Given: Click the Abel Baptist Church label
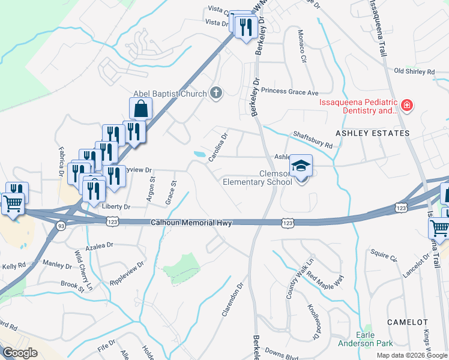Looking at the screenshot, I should tap(170, 93).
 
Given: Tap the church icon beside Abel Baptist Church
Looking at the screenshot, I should tap(216, 93).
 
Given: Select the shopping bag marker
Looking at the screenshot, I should tap(140, 109).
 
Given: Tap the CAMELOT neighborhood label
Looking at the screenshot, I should tap(407, 322).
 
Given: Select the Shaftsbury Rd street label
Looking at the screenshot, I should tap(313, 140).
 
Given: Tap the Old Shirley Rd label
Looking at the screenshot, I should tap(414, 72).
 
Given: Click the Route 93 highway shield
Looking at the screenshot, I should tap(61, 226).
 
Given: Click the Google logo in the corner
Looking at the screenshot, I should tap(20, 352).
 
